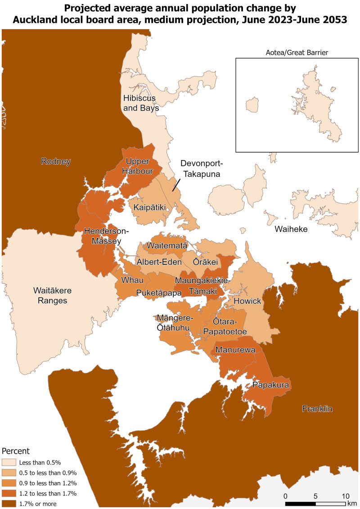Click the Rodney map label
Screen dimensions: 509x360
56,161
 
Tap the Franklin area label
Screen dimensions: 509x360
317,409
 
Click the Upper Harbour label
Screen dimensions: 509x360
140,166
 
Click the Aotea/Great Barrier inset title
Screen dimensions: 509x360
297,53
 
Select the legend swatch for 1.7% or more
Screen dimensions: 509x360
9,504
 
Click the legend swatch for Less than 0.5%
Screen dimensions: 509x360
9,462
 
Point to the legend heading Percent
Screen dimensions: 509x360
16,451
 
